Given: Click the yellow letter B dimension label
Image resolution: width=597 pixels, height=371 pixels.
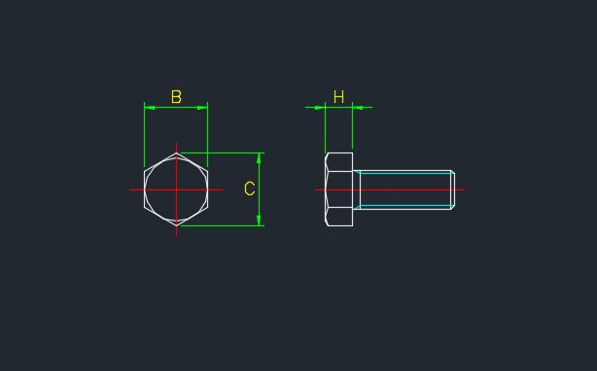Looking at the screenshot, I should tap(176, 97).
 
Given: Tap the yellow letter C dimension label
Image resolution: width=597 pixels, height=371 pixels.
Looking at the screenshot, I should tap(250, 189).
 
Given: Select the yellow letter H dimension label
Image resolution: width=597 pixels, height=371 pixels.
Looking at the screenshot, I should tap(338, 97).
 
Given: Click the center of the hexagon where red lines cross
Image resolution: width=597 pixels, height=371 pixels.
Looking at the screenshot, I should tap(176, 189).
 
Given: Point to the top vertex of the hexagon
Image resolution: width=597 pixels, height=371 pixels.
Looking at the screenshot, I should tap(176, 152).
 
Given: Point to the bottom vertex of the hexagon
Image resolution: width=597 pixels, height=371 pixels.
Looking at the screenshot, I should tap(176, 226).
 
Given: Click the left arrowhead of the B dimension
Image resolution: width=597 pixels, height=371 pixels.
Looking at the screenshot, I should tap(148, 107).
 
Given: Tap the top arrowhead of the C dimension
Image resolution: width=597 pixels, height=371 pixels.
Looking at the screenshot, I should tap(260, 156).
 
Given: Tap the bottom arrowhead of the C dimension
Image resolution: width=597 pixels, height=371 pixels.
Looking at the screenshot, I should tap(260, 222).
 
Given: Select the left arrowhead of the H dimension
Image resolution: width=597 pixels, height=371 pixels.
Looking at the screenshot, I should tap(321, 107).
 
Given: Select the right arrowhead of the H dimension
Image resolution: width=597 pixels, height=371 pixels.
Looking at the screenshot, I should tap(357, 107).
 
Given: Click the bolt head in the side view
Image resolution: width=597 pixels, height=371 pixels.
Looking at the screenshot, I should tap(338, 189).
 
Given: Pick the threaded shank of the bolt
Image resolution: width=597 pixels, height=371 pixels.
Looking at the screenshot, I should tap(404, 189).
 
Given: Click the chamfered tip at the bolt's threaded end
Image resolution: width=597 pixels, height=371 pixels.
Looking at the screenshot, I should tap(452, 189).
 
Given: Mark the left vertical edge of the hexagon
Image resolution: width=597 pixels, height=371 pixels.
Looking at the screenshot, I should tap(144, 189).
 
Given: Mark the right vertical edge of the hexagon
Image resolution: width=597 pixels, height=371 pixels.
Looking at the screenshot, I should tap(208, 189).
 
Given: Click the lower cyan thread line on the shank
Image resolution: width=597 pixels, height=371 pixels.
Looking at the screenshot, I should tap(404, 206).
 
